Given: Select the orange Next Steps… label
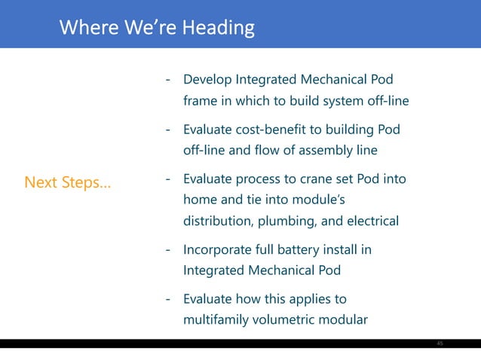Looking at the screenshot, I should pyautogui.click(x=67, y=182).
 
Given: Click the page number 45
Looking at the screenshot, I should pyautogui.click(x=440, y=343).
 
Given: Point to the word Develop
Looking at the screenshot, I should pyautogui.click(x=207, y=80).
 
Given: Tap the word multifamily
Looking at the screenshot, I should pyautogui.click(x=213, y=319).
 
